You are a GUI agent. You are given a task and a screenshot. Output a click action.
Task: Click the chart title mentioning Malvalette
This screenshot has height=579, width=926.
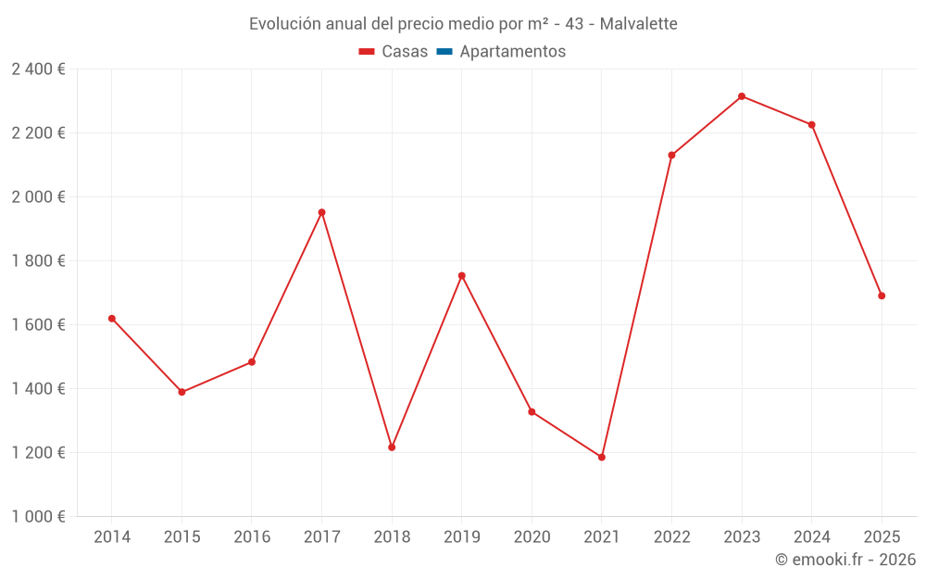point(463,23)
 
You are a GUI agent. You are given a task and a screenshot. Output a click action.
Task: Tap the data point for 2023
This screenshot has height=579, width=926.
point(742,96)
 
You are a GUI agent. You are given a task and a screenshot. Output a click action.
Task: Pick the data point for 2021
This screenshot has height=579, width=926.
point(602,457)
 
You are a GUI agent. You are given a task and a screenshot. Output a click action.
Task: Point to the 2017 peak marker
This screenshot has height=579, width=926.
point(321,212)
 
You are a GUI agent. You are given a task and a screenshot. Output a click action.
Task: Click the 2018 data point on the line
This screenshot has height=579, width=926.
point(392,447)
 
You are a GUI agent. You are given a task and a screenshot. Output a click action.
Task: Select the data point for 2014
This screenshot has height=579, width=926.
point(112,319)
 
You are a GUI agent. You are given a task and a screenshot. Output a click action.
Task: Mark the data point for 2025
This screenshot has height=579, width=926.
point(882,296)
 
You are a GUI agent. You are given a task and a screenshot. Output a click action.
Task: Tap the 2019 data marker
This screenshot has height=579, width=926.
point(461,275)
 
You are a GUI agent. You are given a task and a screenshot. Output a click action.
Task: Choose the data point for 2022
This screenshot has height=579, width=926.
point(671,155)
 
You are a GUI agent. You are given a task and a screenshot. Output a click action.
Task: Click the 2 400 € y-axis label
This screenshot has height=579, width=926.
point(38,69)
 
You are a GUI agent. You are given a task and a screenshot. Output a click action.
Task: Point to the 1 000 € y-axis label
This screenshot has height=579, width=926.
point(38,517)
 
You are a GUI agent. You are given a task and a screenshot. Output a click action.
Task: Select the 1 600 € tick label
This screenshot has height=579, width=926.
point(38,325)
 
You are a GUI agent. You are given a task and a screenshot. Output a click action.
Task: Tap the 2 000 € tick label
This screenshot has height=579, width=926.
point(38,197)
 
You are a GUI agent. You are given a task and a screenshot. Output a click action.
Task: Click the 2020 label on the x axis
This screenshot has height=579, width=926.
point(532,537)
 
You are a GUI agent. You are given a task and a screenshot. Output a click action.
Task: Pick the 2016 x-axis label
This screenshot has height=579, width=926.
point(252,537)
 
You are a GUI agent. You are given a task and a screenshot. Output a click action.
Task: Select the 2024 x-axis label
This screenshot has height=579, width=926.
point(812,537)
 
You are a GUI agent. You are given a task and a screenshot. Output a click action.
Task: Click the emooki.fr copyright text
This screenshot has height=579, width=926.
point(845,560)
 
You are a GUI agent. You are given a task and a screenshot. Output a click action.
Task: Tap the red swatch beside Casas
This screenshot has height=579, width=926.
point(367,52)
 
